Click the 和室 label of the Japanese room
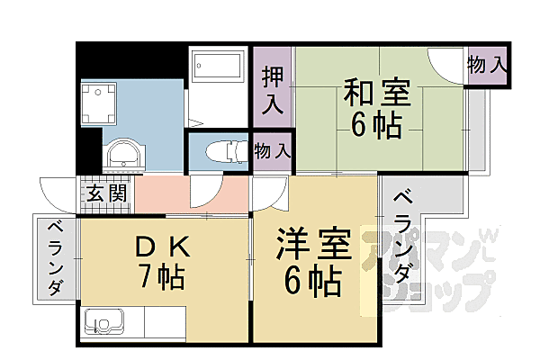click(x=375, y=93)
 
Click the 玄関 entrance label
click(x=106, y=193)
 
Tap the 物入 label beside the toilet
click(x=273, y=151)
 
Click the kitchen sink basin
click(x=101, y=321)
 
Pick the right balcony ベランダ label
click(x=404, y=236)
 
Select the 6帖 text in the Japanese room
click(x=376, y=126)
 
